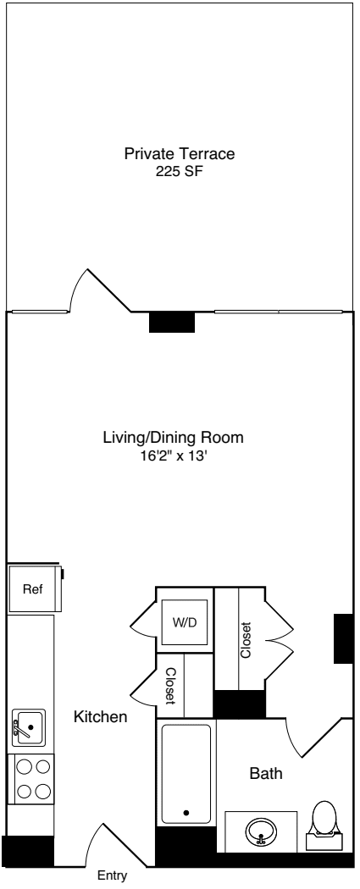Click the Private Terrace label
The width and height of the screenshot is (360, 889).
[179, 154]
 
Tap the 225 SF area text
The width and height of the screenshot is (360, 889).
[179, 170]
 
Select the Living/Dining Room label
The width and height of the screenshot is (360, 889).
[173, 438]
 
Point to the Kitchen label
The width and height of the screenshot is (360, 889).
[101, 717]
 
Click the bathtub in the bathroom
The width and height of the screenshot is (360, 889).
[186, 773]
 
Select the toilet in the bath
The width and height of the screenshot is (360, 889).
[324, 825]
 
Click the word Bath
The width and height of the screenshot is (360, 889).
[265, 773]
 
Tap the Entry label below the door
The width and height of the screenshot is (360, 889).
[114, 877]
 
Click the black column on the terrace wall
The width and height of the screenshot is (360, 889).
[172, 323]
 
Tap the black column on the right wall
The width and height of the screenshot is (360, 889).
[343, 638]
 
